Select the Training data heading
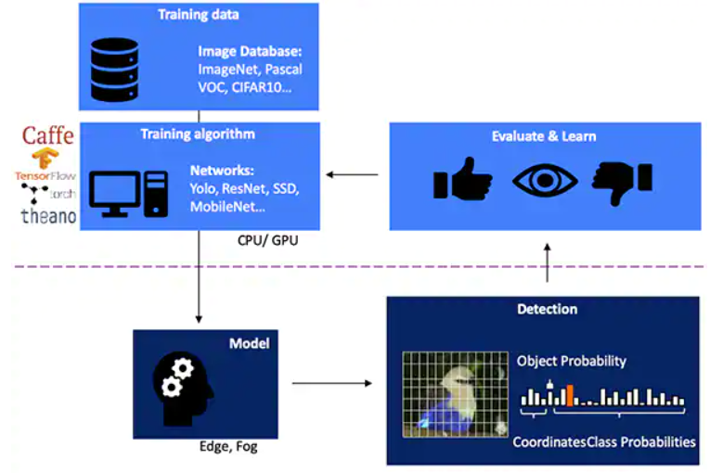click(198, 15)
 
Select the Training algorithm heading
click(198, 134)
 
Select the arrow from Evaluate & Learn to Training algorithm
click(354, 173)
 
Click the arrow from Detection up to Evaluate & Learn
click(546, 263)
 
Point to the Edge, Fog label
click(228, 447)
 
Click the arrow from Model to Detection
click(330, 382)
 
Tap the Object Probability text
click(571, 361)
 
